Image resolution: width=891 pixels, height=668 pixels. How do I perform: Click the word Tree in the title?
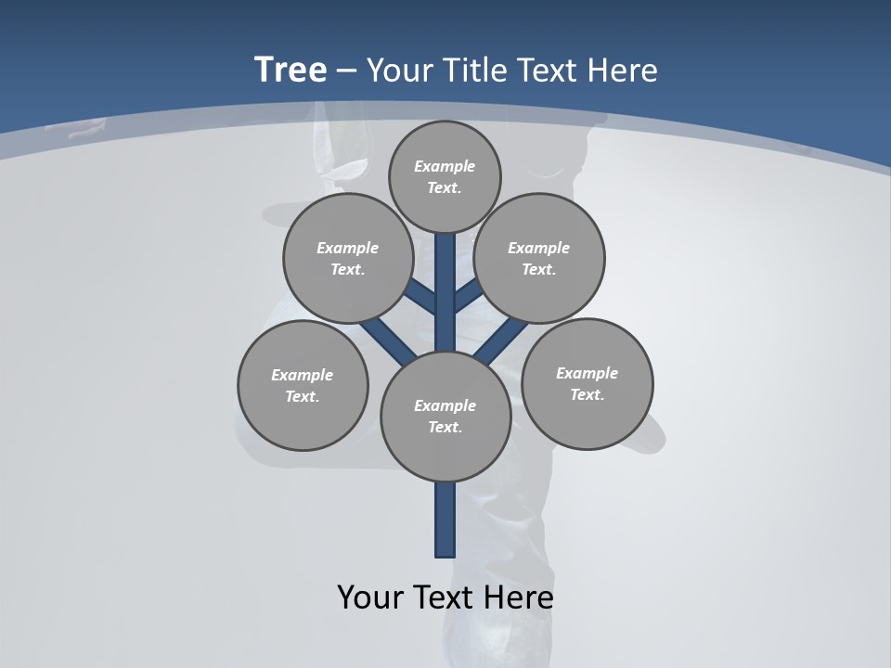click(291, 70)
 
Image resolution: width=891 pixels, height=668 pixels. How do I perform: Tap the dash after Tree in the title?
click(347, 71)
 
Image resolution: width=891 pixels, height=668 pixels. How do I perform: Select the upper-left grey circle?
click(348, 258)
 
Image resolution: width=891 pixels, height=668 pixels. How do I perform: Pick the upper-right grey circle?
click(539, 258)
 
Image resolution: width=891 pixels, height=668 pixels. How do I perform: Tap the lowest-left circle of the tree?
click(303, 385)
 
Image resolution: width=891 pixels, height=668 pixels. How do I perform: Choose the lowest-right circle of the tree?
click(588, 383)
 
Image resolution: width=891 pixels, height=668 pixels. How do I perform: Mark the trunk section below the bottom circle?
click(445, 520)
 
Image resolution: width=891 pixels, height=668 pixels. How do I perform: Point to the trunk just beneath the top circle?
click(445, 264)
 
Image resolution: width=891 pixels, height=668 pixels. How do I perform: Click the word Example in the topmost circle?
click(445, 166)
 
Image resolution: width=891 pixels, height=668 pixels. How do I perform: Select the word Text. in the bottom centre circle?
click(445, 427)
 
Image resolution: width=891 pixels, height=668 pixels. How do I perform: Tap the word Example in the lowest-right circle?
click(587, 373)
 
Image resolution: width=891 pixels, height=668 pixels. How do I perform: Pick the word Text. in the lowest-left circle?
click(302, 396)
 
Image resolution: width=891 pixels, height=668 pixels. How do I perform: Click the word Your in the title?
click(400, 71)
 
